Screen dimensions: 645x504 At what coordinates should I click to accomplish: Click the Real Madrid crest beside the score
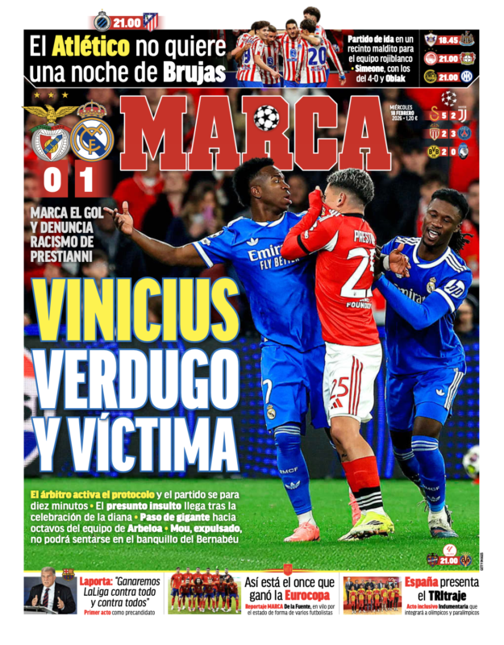(x=92, y=138)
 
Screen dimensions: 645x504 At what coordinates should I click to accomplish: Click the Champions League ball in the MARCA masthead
(x=266, y=119)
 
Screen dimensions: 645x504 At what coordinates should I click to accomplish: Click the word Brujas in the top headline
(x=194, y=73)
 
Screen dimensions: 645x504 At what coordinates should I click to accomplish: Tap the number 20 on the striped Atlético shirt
(x=316, y=54)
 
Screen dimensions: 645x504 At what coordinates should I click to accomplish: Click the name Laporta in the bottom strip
(x=95, y=580)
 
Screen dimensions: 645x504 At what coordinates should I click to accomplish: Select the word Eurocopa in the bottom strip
(x=310, y=594)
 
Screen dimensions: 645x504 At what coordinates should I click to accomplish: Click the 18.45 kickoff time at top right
(x=449, y=38)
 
